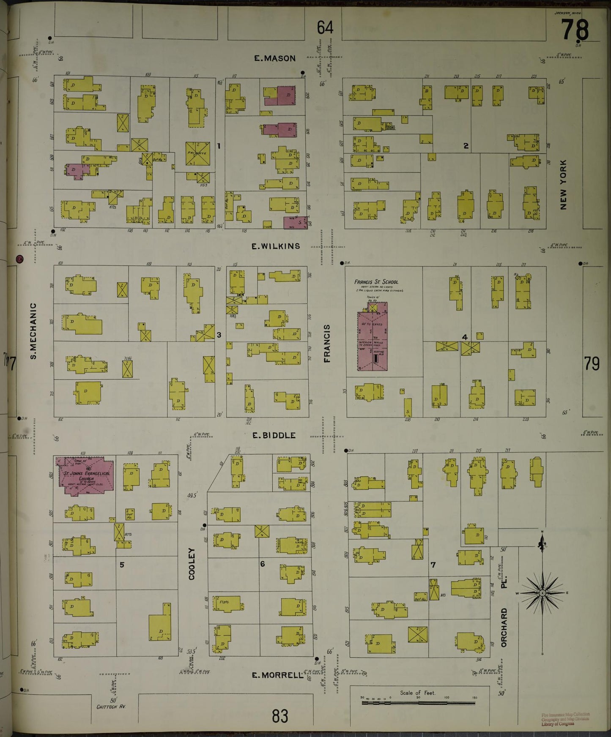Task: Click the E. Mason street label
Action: [274, 58]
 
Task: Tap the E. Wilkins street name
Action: [275, 246]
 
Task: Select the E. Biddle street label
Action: [274, 435]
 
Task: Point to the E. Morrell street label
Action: [277, 675]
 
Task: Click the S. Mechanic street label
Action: [34, 331]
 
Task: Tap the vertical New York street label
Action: [563, 184]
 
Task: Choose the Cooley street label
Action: [192, 564]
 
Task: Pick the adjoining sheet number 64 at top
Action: [325, 27]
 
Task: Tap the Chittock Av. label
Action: [111, 706]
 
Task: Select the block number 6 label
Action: [262, 564]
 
